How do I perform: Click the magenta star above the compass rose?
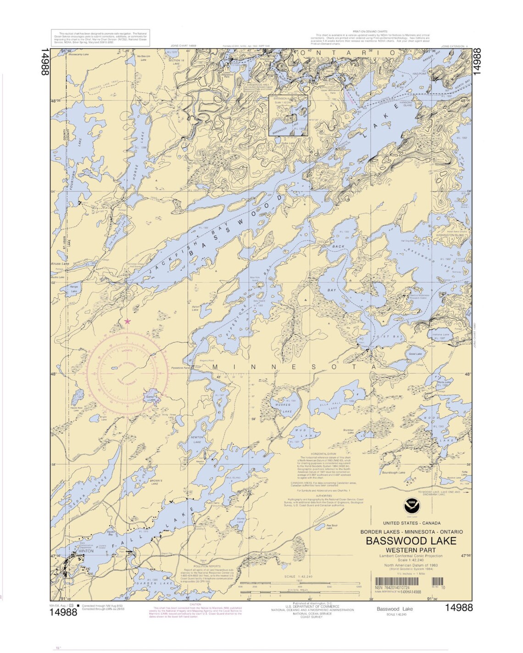[128, 322]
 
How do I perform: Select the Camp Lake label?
[150, 398]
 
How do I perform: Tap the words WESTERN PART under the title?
[411, 550]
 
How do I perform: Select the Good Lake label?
[415, 354]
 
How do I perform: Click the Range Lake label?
[73, 289]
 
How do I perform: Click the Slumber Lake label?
[348, 431]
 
